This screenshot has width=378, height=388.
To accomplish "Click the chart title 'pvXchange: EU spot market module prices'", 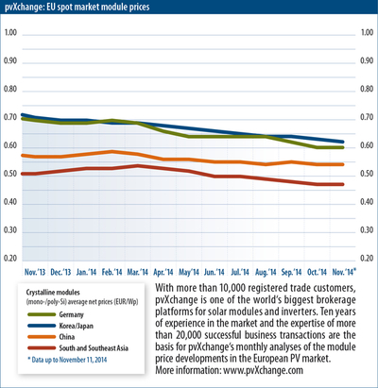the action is pyautogui.click(x=77, y=7).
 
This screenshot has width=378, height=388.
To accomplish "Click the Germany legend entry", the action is pyautogui.click(x=56, y=314).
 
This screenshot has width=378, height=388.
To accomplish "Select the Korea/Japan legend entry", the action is pyautogui.click(x=60, y=326).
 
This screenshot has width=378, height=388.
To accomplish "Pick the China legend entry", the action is pyautogui.click(x=51, y=337).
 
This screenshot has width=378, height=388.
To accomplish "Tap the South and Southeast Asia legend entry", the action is pyautogui.click(x=78, y=348).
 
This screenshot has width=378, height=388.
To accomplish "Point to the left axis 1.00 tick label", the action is pyautogui.click(x=10, y=32).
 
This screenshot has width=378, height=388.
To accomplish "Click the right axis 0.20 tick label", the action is pyautogui.click(x=367, y=258).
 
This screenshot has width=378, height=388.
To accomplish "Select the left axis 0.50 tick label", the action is pyautogui.click(x=10, y=174).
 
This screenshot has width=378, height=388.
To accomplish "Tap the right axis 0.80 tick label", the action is pyautogui.click(x=367, y=89).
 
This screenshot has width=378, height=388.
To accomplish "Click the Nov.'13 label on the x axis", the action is pyautogui.click(x=35, y=272).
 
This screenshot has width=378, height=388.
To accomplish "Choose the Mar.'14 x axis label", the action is pyautogui.click(x=137, y=272).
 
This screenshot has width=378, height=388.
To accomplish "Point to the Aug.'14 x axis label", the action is pyautogui.click(x=266, y=272).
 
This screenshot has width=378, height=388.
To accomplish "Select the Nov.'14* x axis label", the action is pyautogui.click(x=344, y=272).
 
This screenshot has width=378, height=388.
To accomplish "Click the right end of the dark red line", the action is pyautogui.click(x=343, y=184).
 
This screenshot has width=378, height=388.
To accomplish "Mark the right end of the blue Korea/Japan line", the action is pyautogui.click(x=343, y=142).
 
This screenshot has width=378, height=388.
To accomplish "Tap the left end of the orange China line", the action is pyautogui.click(x=23, y=156).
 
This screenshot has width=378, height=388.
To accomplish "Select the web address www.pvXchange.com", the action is pyautogui.click(x=263, y=370).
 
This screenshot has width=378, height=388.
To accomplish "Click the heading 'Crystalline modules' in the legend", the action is pyautogui.click(x=53, y=293).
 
